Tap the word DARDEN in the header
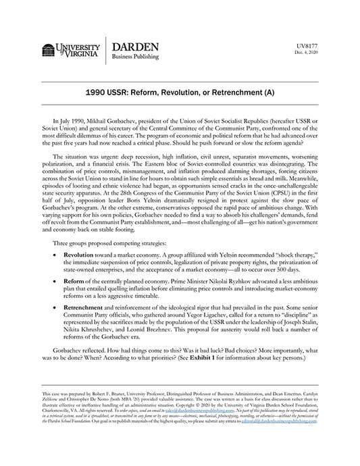(134, 47)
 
